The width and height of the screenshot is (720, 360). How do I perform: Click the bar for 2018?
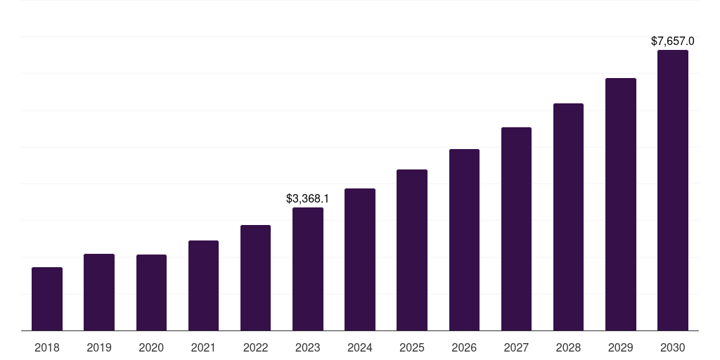pos(47,299)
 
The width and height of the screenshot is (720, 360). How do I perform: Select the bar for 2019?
pos(99,292)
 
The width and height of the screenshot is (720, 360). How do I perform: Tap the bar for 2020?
pos(151,292)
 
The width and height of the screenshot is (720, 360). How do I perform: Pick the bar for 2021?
pos(203,285)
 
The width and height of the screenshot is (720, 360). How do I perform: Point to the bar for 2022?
pos(255,278)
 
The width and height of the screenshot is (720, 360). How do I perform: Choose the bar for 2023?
pos(308,269)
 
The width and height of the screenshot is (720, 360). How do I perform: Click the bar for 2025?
pos(412,250)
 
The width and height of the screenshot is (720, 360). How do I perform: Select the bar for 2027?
pos(516,229)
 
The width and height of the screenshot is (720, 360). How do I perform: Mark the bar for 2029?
pos(620,204)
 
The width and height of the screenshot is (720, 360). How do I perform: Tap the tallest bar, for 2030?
pos(672,190)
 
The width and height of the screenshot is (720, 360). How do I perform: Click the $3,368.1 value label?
pos(308,199)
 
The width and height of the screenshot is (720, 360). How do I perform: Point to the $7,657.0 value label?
pos(672,41)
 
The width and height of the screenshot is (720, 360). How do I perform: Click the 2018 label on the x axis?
pos(47,347)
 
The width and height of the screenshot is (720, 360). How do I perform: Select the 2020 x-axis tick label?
pos(151,347)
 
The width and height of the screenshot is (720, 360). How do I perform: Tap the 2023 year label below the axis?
pos(308,347)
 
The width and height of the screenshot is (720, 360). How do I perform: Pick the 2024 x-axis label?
pos(360,347)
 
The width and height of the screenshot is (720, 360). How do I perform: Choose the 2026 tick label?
pos(464,347)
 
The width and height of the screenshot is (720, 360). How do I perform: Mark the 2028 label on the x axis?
pos(568,347)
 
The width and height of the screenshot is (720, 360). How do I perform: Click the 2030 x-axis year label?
pos(672,347)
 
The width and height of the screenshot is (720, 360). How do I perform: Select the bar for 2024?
pos(360,259)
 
